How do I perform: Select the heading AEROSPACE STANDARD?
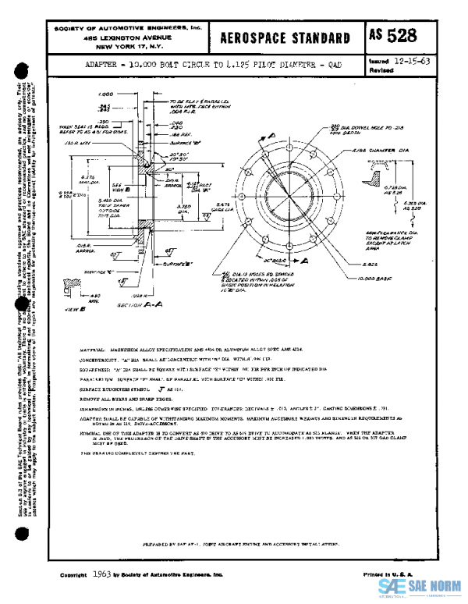pos(285,38)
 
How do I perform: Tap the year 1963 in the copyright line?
pos(101,574)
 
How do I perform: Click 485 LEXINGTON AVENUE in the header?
pos(127,37)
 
